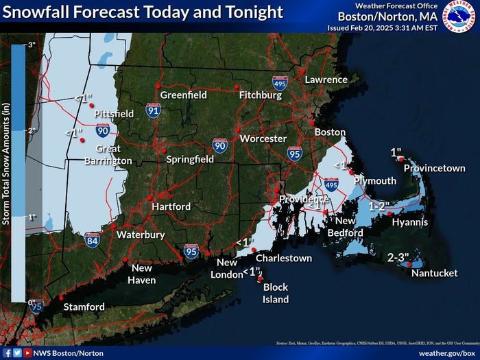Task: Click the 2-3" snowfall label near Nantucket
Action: (x=398, y=258)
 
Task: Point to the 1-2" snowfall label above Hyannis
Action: (x=379, y=206)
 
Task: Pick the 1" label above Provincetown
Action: (x=396, y=152)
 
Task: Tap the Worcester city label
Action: (x=263, y=139)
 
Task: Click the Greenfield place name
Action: (x=183, y=95)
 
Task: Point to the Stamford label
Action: (x=84, y=307)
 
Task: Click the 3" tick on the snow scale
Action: (x=31, y=45)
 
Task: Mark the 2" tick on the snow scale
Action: (x=31, y=130)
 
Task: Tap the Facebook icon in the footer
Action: (x=7, y=352)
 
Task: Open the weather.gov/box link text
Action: (x=446, y=352)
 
